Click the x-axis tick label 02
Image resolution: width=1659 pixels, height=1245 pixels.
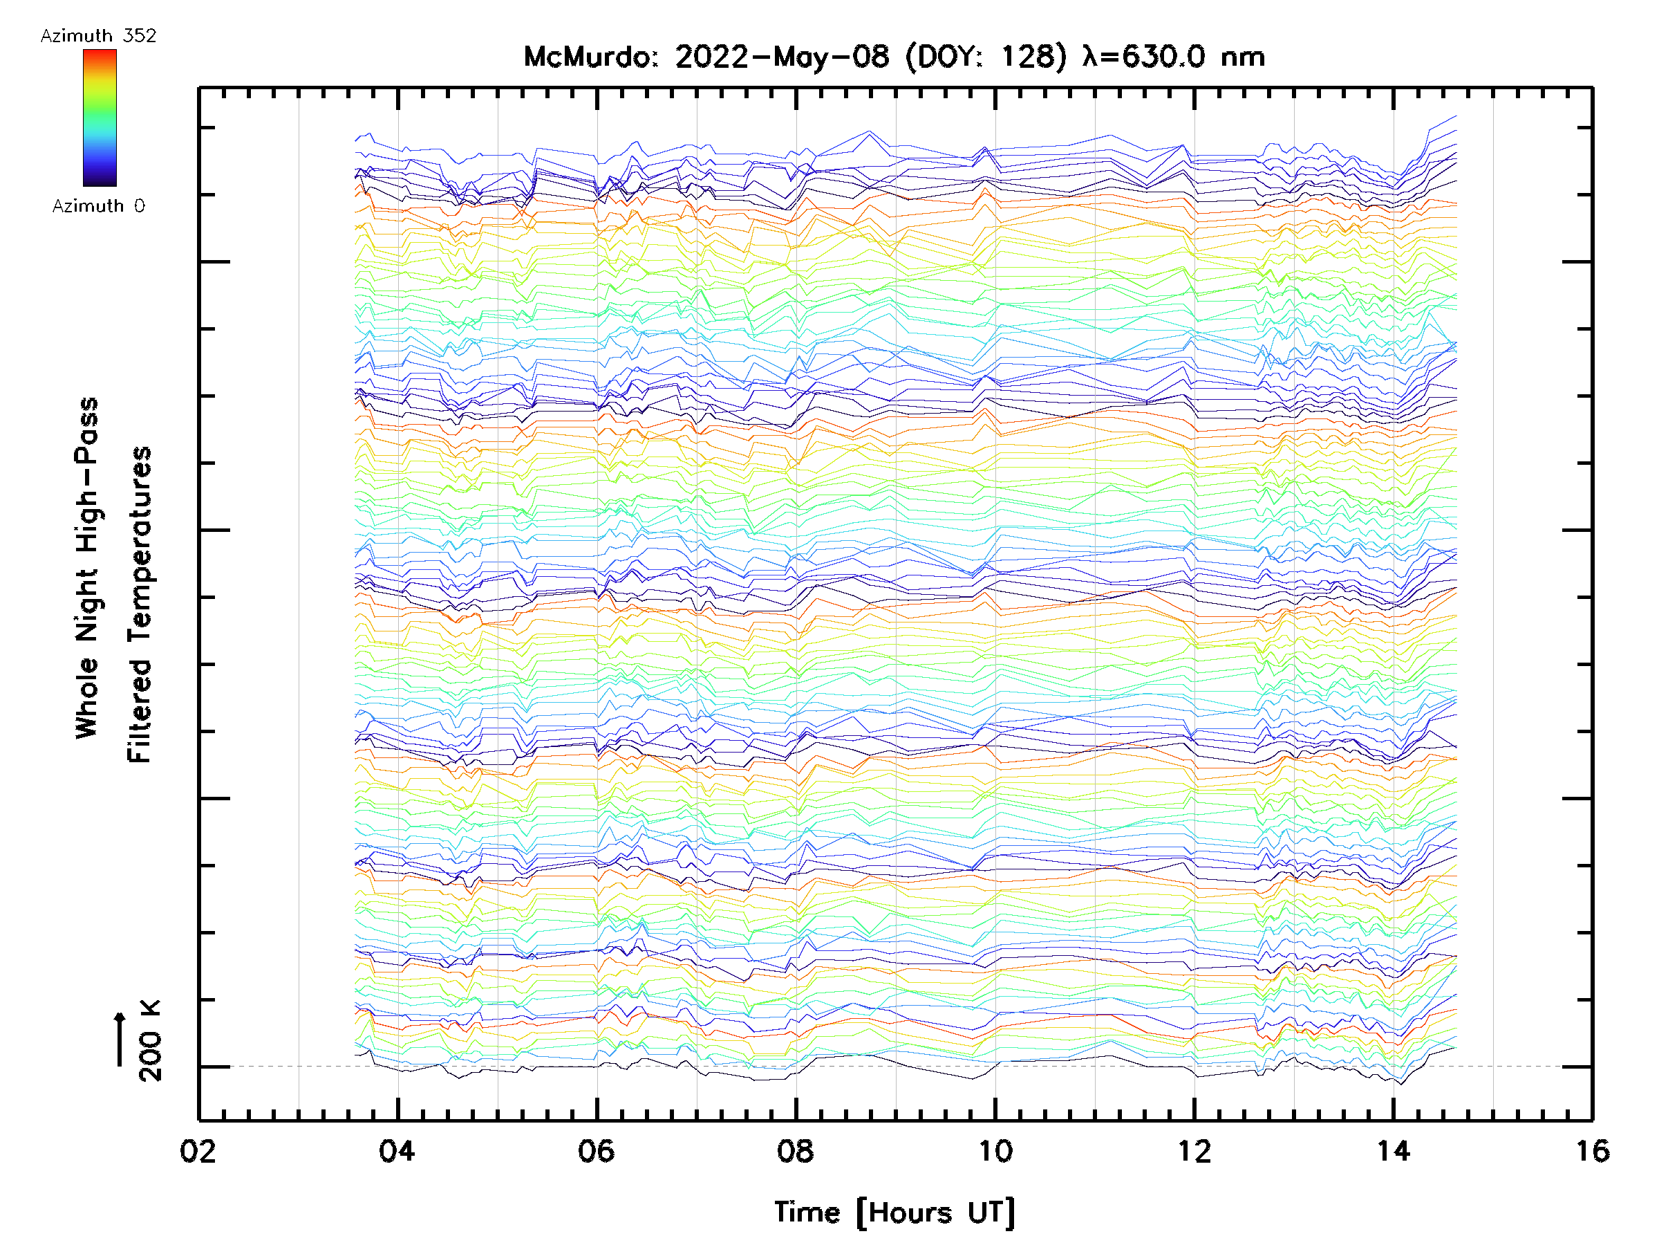(198, 1151)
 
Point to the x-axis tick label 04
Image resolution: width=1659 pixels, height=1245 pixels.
(397, 1151)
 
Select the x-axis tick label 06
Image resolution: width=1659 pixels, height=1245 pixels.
(597, 1151)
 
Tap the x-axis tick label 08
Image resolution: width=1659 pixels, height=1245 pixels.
(795, 1151)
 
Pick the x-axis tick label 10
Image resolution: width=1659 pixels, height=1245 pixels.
(995, 1151)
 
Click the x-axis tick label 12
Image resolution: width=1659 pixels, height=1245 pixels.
(1194, 1151)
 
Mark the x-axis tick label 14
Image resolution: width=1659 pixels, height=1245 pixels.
(1394, 1151)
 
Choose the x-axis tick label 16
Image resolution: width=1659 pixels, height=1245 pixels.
(1592, 1151)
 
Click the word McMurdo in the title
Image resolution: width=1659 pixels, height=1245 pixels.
(590, 57)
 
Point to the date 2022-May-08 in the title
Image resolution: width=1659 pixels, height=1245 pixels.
(782, 57)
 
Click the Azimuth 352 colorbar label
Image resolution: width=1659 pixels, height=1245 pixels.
(98, 36)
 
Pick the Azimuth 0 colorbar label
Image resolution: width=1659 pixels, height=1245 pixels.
(98, 206)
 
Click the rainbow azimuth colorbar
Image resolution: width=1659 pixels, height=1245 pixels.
(100, 118)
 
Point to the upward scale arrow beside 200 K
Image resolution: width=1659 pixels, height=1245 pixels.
(120, 1039)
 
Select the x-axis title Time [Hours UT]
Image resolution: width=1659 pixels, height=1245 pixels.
(894, 1212)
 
